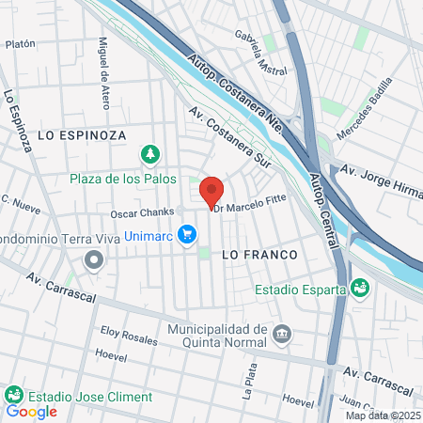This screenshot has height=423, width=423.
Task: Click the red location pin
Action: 211,189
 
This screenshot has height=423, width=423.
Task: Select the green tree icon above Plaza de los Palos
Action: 149,153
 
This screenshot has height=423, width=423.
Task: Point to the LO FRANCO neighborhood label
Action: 258,255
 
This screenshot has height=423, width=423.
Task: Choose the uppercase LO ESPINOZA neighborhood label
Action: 82,135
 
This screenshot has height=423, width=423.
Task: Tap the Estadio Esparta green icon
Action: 358,287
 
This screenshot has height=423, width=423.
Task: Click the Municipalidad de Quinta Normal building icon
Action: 281,335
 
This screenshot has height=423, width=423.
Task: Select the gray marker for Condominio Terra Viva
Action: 93,258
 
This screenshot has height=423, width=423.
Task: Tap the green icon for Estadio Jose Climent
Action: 13,394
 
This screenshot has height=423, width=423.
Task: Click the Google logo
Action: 32,411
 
